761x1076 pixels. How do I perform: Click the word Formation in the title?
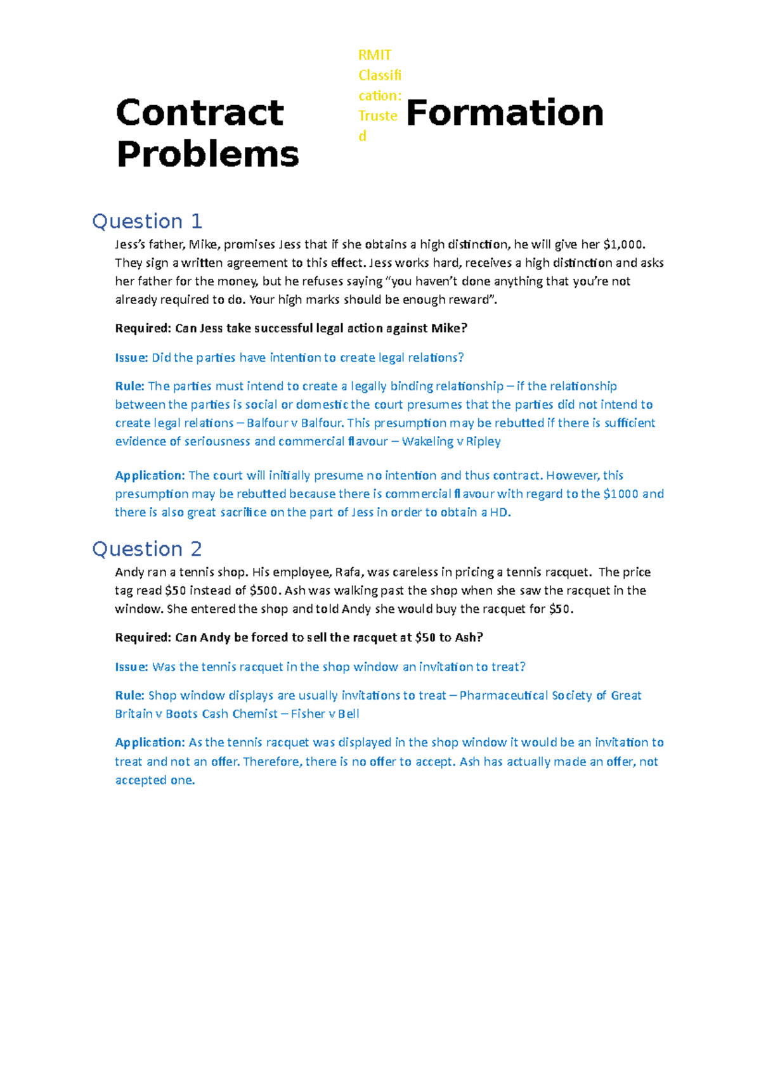[x=504, y=113]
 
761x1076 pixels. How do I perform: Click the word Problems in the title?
[x=207, y=154]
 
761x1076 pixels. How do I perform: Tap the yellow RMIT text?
[x=375, y=55]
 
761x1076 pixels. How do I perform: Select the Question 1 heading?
[x=147, y=221]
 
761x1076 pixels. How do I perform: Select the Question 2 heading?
[x=147, y=549]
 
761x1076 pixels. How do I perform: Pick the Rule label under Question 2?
[x=129, y=696]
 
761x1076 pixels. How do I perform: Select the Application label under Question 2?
[x=150, y=743]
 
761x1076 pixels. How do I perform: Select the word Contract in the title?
[x=200, y=113]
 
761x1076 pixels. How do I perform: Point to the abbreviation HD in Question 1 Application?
[x=499, y=513]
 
